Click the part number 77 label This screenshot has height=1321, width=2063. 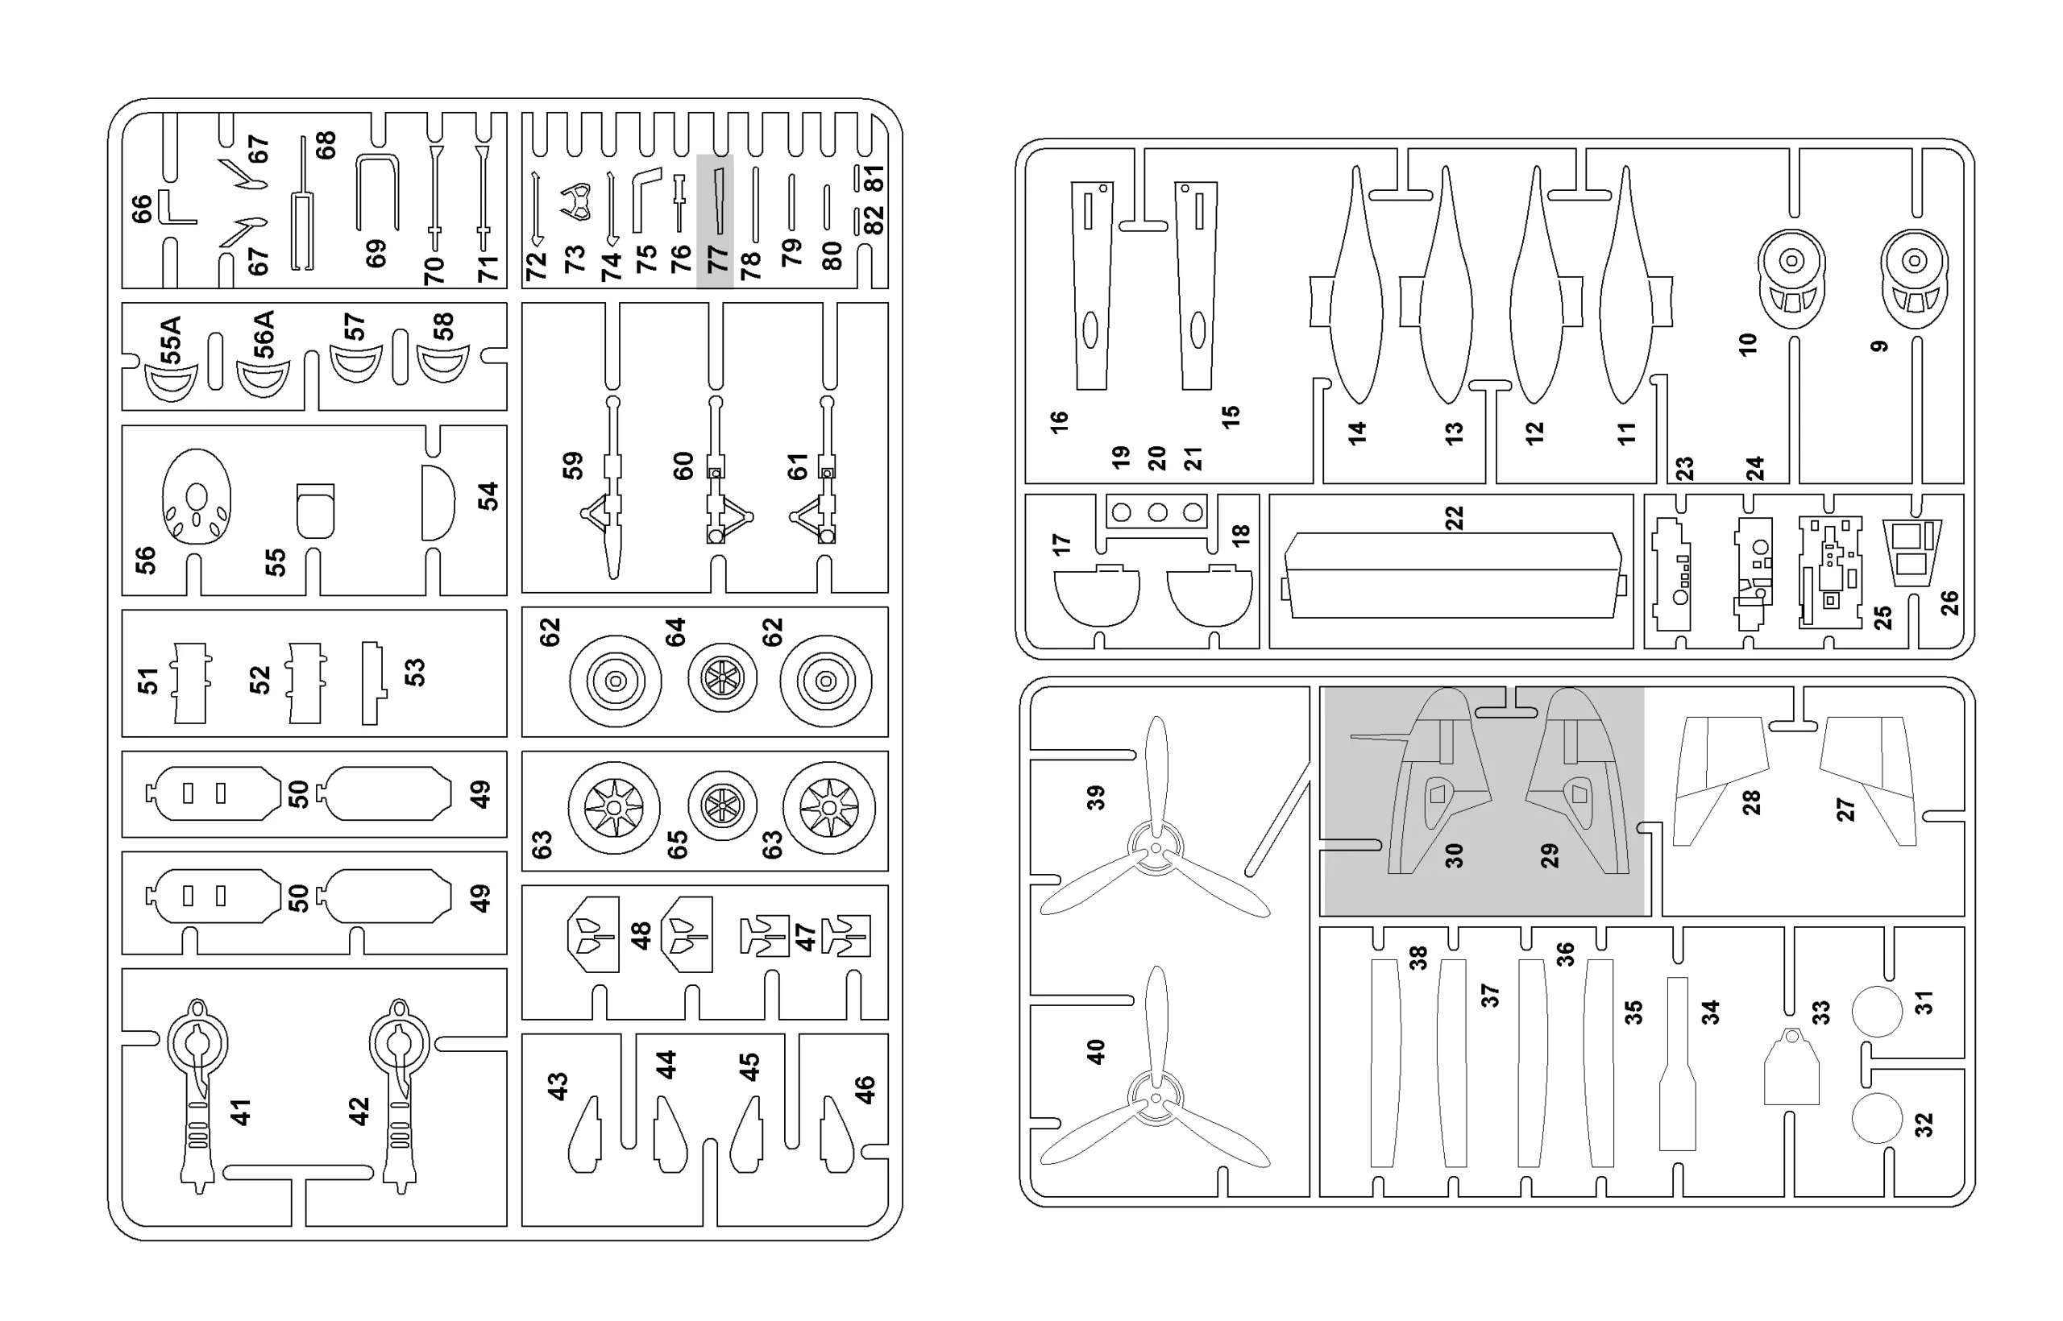tap(716, 259)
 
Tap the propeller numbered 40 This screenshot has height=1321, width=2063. tap(1156, 1097)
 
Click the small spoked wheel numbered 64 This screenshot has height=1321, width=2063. tap(723, 677)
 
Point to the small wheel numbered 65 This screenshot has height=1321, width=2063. tap(723, 805)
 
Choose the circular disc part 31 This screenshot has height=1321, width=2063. tap(1877, 1012)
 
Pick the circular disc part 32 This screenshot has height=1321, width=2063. tap(1877, 1118)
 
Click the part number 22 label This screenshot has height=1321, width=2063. tap(1454, 518)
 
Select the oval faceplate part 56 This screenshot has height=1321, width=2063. tap(197, 497)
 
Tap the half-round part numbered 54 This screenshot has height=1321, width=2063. tap(437, 503)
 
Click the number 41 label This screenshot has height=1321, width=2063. tap(241, 1112)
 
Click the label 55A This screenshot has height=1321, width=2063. tap(171, 341)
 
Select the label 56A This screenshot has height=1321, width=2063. tap(264, 334)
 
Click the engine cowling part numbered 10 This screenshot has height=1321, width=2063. tap(1791, 278)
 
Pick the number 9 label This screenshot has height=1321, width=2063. tap(1879, 346)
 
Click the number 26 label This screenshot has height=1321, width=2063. tap(1950, 603)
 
